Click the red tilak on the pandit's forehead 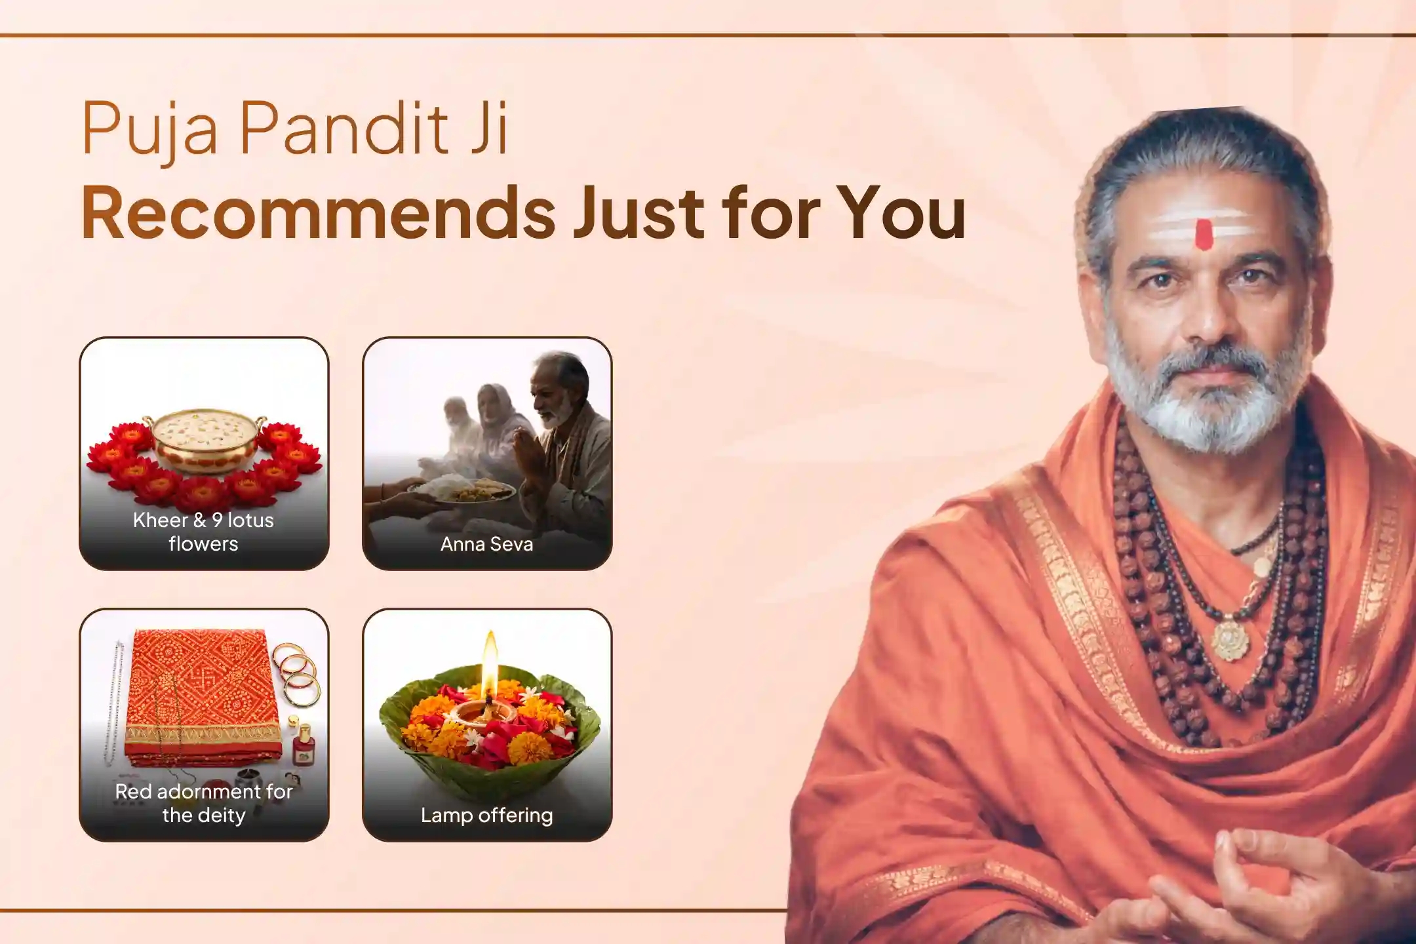point(1204,234)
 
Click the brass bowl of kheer point(204,441)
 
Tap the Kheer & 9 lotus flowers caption point(204,532)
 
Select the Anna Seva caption point(486,544)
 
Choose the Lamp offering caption point(486,816)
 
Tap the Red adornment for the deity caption point(204,803)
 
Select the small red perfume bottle point(304,747)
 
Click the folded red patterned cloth point(203,695)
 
